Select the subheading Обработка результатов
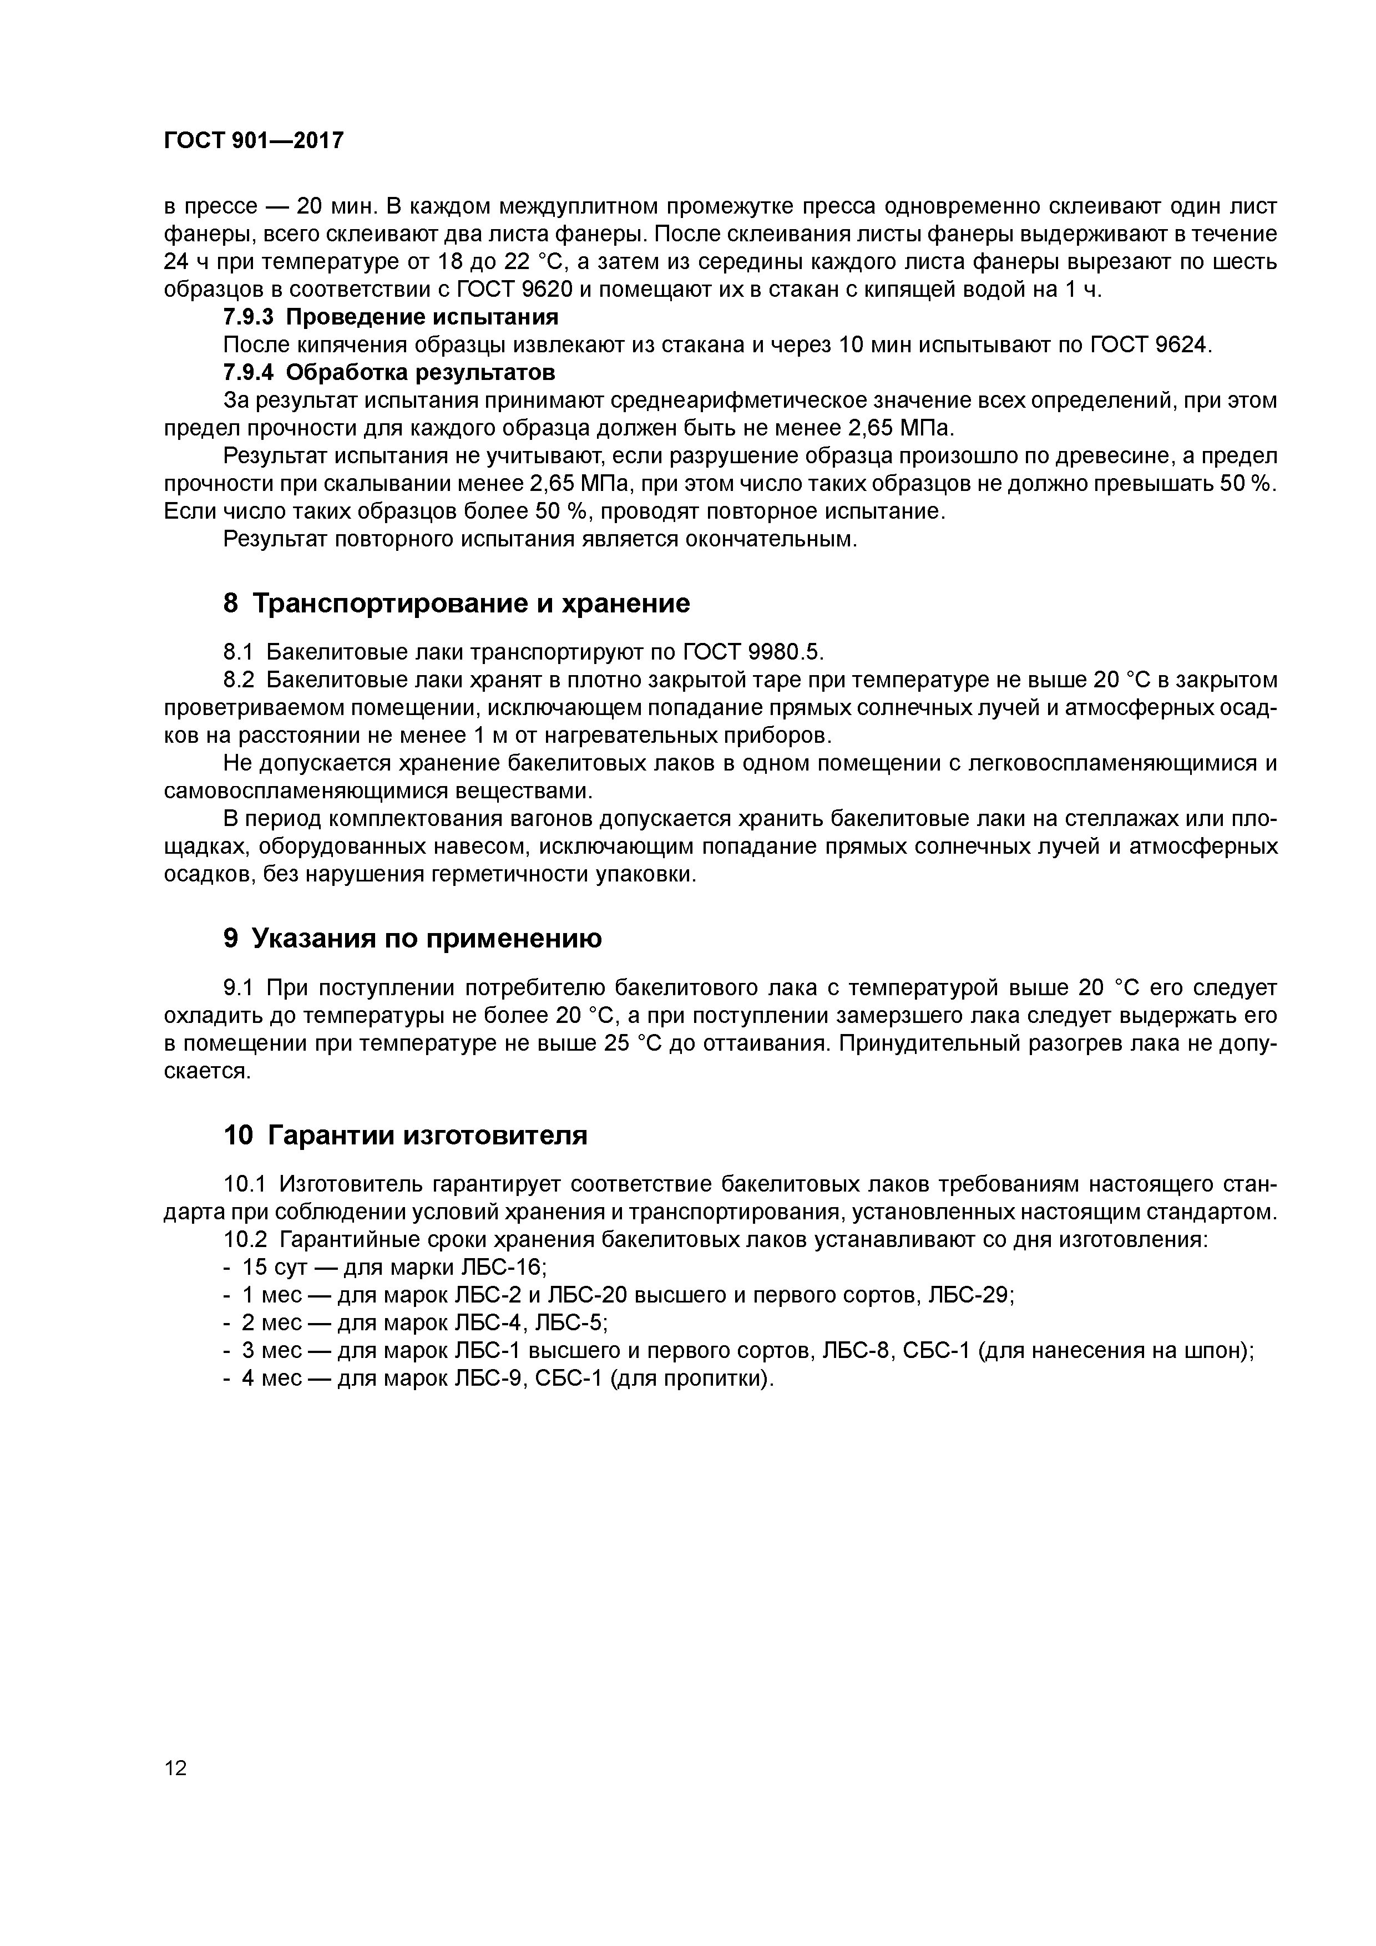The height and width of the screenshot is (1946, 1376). (421, 372)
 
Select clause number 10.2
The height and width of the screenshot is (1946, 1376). (245, 1240)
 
